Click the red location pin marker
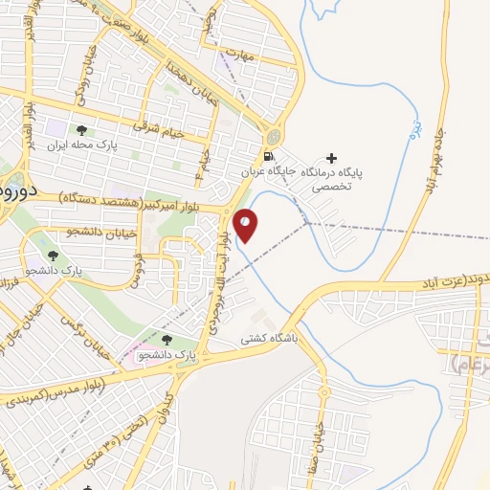(x=246, y=224)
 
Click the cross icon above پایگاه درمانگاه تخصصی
(x=332, y=158)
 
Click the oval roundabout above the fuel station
(x=274, y=136)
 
